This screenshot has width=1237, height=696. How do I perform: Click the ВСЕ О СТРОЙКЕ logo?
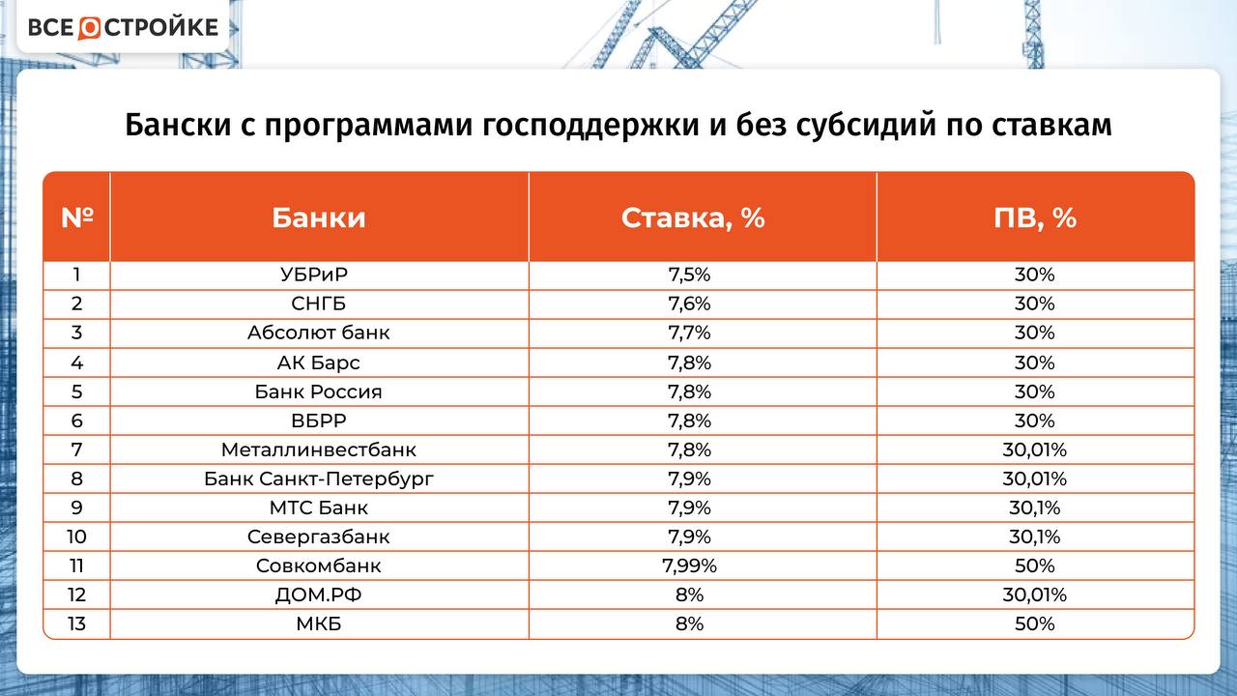tap(123, 27)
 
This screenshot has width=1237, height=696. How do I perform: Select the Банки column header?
tap(319, 217)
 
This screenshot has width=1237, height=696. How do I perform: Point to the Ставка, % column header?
tap(693, 217)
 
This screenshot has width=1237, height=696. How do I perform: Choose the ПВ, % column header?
tap(1035, 217)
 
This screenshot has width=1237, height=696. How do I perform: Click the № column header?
tap(77, 217)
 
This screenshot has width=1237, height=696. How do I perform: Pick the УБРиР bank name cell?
tap(319, 275)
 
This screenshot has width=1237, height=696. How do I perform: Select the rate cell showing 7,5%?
tap(689, 275)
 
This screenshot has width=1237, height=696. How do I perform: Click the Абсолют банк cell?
tap(319, 333)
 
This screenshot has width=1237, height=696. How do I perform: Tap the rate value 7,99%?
tap(689, 565)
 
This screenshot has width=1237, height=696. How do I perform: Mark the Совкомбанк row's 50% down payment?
tap(1035, 565)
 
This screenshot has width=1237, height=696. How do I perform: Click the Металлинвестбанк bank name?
tap(319, 449)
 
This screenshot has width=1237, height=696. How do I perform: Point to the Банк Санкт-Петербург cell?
tap(319, 478)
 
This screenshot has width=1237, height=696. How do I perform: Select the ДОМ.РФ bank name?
tap(319, 594)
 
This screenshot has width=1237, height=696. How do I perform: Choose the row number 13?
tap(76, 623)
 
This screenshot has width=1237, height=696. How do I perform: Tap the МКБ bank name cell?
tap(319, 623)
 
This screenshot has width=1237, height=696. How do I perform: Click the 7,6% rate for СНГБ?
tap(689, 304)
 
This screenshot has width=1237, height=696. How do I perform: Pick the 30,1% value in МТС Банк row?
tap(1035, 507)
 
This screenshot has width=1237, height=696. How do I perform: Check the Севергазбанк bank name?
tap(319, 536)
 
